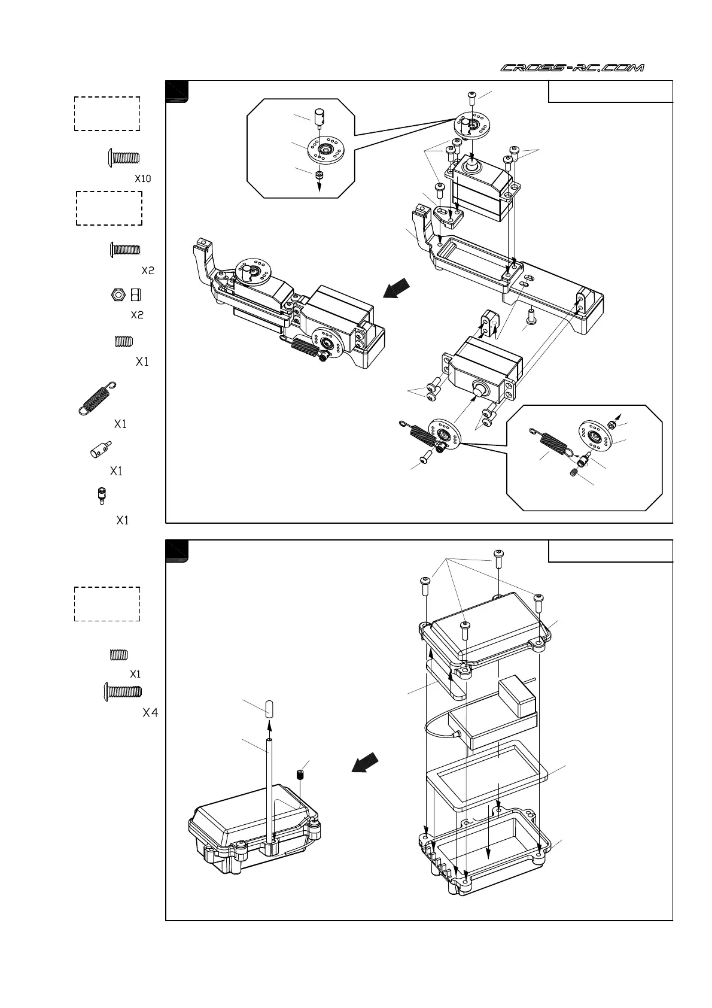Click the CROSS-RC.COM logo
point(572,68)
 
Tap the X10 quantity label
point(143,178)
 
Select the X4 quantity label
point(150,713)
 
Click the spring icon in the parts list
point(98,397)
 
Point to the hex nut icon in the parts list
point(118,294)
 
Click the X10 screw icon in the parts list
point(123,158)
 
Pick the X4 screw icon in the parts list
point(123,691)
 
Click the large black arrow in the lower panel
point(365,763)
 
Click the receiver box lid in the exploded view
point(485,629)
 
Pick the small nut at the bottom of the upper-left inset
point(319,175)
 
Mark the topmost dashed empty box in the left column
point(107,113)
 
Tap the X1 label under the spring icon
point(120,424)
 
